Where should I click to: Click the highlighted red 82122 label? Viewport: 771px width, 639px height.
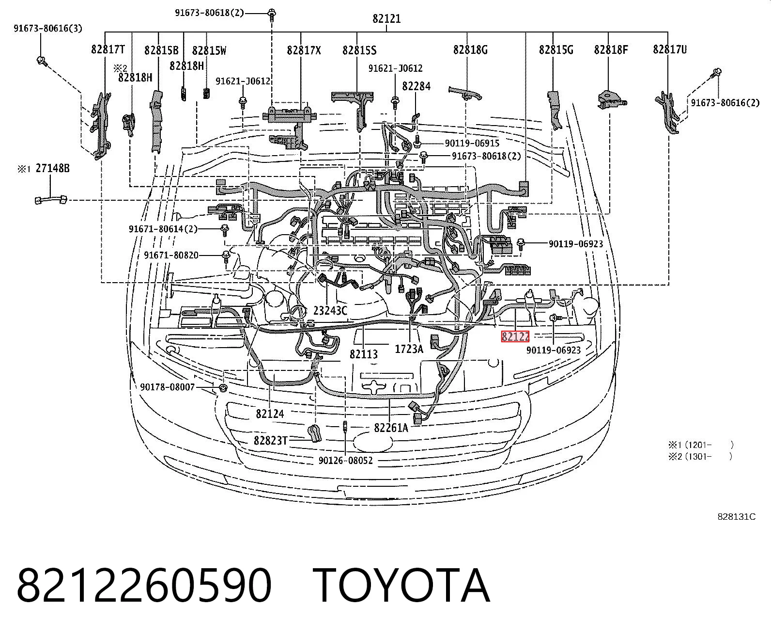pos(515,336)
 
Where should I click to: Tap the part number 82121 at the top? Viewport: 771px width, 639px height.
pos(386,18)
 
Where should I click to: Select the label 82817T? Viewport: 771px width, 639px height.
pos(108,49)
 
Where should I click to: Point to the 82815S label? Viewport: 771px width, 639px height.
pos(359,50)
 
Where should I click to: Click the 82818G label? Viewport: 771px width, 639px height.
pos(470,49)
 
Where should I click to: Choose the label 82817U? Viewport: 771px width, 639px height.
pos(670,49)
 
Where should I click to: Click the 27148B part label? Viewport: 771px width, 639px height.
pos(52,169)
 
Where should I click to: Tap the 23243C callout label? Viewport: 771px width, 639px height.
pos(330,311)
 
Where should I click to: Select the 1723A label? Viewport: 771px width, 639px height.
pos(409,349)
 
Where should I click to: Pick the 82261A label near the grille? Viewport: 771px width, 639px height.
pos(391,428)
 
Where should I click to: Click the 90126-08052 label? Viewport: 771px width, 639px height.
pos(346,461)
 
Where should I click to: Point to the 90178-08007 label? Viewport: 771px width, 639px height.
pos(167,387)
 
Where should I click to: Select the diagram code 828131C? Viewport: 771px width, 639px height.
pos(736,517)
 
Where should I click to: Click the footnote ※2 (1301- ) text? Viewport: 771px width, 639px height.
pos(700,456)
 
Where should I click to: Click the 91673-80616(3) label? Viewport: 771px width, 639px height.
pos(48,29)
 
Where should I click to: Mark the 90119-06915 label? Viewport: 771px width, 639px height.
pos(472,143)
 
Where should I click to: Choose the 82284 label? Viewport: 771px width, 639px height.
pos(416,86)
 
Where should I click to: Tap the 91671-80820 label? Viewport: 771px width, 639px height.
pos(171,255)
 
